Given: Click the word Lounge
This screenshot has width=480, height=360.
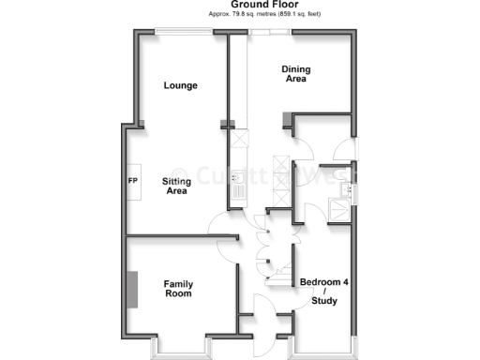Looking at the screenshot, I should tap(180, 85).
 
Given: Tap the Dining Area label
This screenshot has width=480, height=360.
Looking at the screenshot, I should tap(297, 74).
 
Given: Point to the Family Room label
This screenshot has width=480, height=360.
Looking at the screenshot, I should tap(178, 289).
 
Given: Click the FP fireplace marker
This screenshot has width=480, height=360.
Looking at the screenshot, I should tap(132, 181).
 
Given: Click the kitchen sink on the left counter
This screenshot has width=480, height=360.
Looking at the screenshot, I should tap(238, 178).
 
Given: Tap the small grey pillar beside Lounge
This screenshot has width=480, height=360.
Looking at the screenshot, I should tap(225, 122).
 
